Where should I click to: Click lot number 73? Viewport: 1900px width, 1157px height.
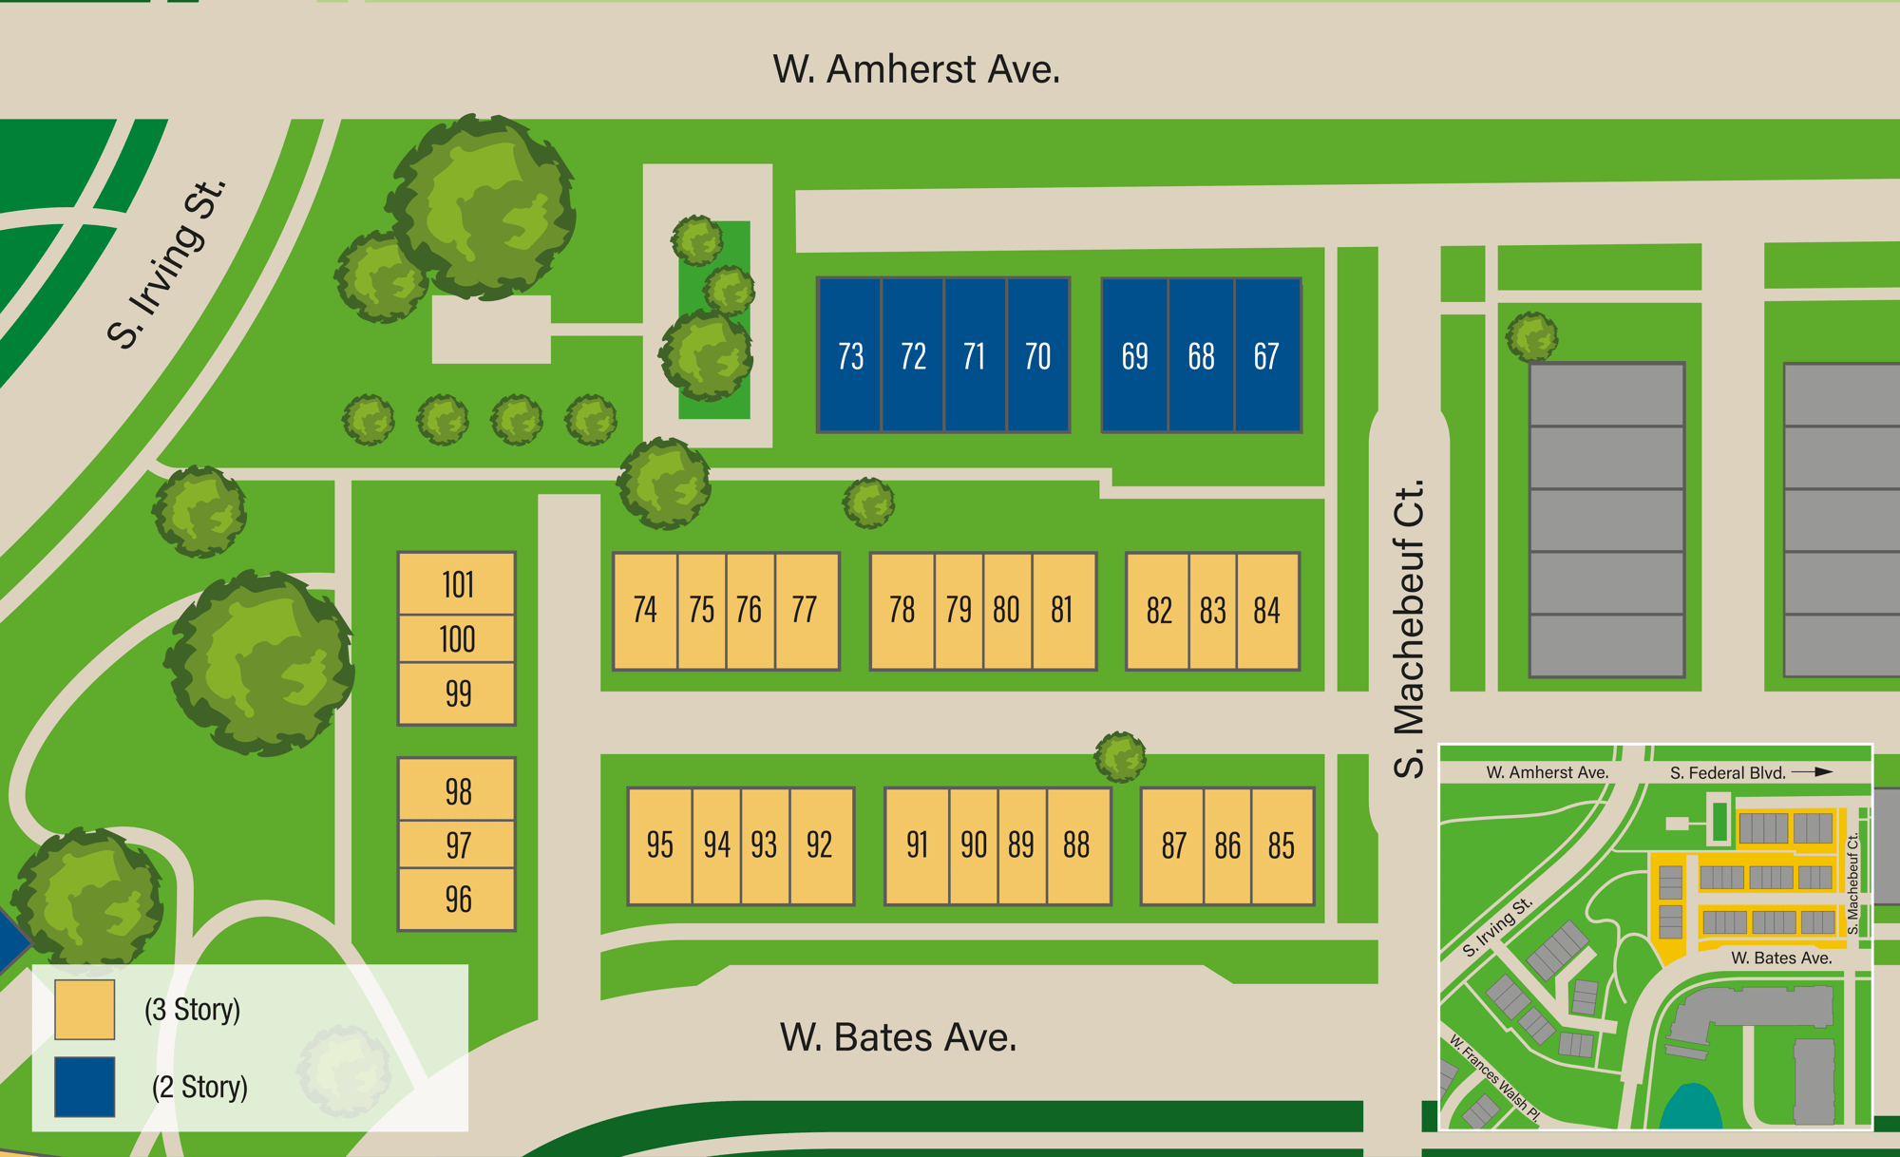(x=850, y=356)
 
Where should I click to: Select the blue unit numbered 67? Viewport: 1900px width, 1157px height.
(x=1266, y=356)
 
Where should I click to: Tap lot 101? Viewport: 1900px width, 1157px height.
(x=457, y=584)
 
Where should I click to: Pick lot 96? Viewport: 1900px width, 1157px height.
(x=457, y=899)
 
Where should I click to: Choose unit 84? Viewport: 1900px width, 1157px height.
(x=1266, y=610)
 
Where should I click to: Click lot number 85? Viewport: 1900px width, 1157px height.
(x=1281, y=845)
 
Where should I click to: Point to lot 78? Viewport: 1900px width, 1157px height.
(x=902, y=610)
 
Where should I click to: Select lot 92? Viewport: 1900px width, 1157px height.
(x=819, y=844)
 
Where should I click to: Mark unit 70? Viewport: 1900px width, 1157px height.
(x=1037, y=356)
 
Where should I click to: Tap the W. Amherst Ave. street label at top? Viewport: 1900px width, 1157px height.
(x=916, y=69)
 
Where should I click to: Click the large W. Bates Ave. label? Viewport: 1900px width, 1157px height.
(x=898, y=1037)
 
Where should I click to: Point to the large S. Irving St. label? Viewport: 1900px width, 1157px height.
(x=167, y=263)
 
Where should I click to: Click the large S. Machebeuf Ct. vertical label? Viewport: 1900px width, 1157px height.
(x=1410, y=628)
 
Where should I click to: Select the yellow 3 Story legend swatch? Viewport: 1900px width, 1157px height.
(x=85, y=1010)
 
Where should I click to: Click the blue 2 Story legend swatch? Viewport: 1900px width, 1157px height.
(x=85, y=1087)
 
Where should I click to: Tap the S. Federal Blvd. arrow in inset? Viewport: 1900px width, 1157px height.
(x=1811, y=772)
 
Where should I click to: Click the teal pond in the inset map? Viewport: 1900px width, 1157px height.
(x=1691, y=1108)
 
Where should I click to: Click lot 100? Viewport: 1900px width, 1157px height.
(x=457, y=639)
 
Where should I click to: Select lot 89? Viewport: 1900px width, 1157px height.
(x=1021, y=844)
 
